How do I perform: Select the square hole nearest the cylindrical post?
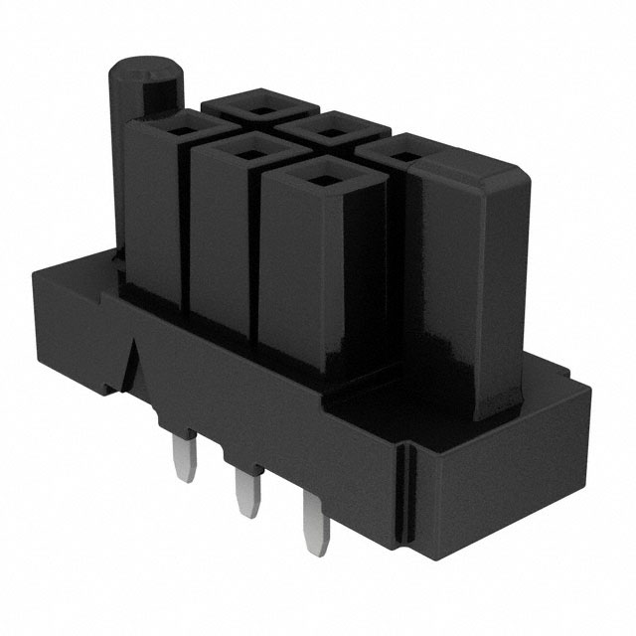click(x=185, y=126)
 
